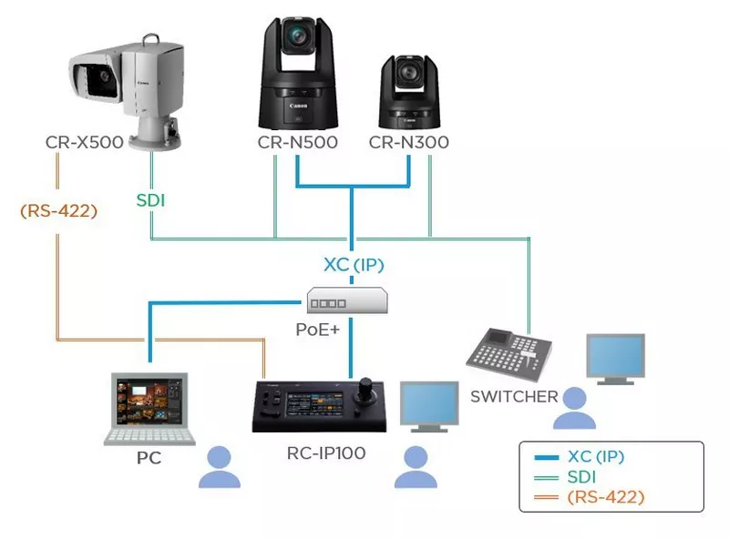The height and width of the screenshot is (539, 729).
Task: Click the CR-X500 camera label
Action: (x=84, y=143)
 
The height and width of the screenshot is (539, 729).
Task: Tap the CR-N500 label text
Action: (x=297, y=143)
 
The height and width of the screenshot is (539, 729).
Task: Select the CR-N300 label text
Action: (x=408, y=143)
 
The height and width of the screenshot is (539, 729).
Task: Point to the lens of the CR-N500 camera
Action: (x=298, y=36)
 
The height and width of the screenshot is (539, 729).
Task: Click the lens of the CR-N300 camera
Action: (x=407, y=75)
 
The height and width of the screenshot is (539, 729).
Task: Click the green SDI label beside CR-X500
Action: (x=151, y=200)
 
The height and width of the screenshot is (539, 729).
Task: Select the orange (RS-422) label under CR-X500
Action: (x=59, y=210)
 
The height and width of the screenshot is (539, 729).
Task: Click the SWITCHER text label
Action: (x=514, y=396)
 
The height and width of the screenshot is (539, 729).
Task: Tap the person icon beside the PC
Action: (x=220, y=467)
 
